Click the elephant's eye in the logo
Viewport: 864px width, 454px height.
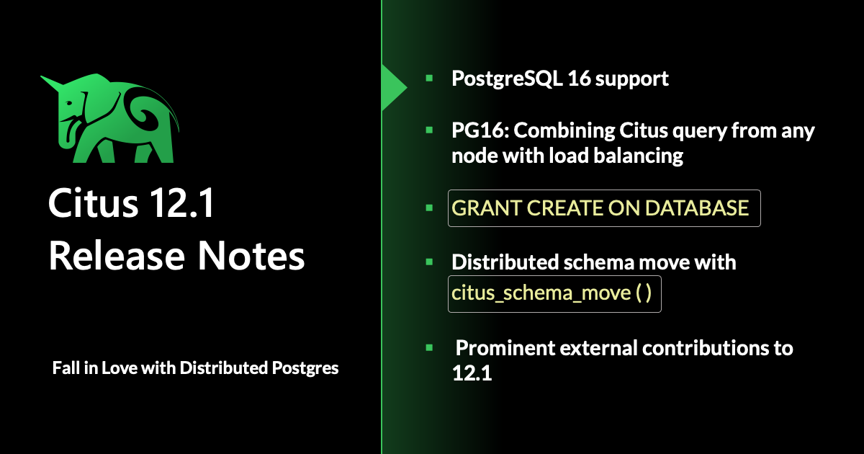pos(69,104)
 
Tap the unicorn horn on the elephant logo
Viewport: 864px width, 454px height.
pos(52,81)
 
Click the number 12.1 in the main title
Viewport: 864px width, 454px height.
pos(181,202)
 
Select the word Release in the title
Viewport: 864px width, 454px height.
pos(117,256)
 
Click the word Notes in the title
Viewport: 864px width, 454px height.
pos(251,256)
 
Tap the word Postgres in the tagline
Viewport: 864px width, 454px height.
pos(305,369)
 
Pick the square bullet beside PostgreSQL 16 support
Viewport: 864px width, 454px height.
pos(429,79)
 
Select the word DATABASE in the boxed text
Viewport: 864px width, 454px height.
pos(697,208)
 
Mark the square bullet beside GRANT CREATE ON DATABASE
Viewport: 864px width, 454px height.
pos(429,208)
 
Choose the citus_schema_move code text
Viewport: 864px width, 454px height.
pos(552,293)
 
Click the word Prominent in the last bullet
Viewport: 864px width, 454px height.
pos(505,348)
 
